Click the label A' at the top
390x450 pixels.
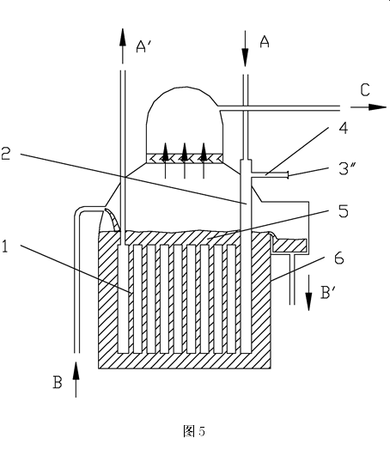(143, 46)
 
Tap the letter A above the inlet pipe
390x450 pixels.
(265, 42)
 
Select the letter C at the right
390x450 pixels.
(365, 90)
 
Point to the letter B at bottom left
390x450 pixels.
(58, 382)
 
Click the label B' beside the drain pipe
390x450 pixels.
(328, 293)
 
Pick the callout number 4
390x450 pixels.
(344, 128)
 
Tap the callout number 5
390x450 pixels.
(344, 211)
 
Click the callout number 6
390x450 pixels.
(339, 258)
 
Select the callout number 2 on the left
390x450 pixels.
(6, 153)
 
